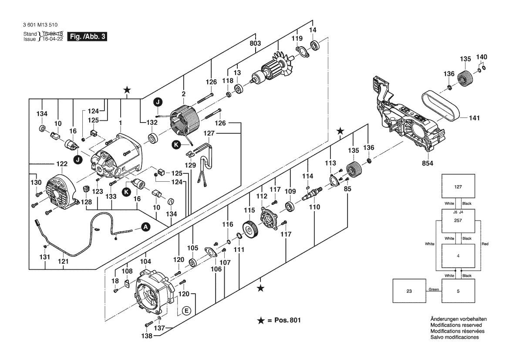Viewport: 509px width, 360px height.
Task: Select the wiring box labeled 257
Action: tap(458, 221)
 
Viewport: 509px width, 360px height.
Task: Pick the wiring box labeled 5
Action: tap(458, 291)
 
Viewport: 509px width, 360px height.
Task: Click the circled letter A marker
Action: tap(146, 227)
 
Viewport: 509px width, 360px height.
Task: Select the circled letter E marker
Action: tap(186, 311)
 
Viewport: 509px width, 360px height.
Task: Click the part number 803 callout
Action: tap(255, 44)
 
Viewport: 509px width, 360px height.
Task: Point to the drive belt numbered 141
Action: tap(440, 107)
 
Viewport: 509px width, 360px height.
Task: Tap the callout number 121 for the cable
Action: tap(64, 262)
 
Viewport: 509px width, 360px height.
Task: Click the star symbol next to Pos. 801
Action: tap(260, 320)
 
